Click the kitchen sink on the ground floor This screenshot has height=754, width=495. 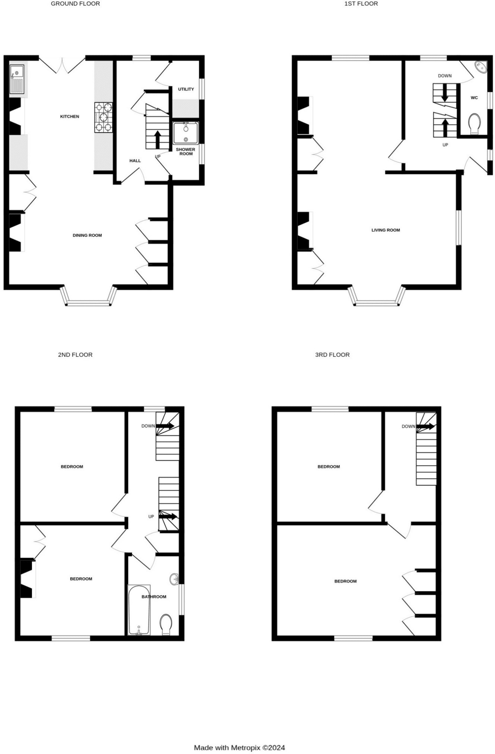pos(17,79)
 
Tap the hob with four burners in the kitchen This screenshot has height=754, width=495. pos(103,117)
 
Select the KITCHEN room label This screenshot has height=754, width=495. pos(70,117)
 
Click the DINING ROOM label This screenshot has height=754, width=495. pos(87,235)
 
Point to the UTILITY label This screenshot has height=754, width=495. pos(186,89)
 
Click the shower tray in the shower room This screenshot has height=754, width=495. pos(186,133)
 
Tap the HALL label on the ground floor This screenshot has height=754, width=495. pos(135,161)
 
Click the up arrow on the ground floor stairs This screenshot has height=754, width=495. pos(157,140)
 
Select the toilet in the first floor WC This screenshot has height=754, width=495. pos(474,124)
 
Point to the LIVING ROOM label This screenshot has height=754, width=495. pos(386,230)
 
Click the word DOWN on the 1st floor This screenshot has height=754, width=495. pos(445,76)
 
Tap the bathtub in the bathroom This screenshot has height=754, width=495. pos(139,610)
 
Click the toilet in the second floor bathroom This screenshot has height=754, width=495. pos(166,625)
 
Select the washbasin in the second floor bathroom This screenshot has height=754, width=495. pos(175,579)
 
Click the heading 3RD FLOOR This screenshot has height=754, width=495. pos(332,355)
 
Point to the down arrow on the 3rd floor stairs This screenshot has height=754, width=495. pos(425,427)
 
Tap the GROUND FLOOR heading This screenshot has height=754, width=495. pos(75,4)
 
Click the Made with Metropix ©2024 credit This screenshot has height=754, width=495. pos(239,747)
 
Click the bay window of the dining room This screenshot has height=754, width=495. pos(89,296)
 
